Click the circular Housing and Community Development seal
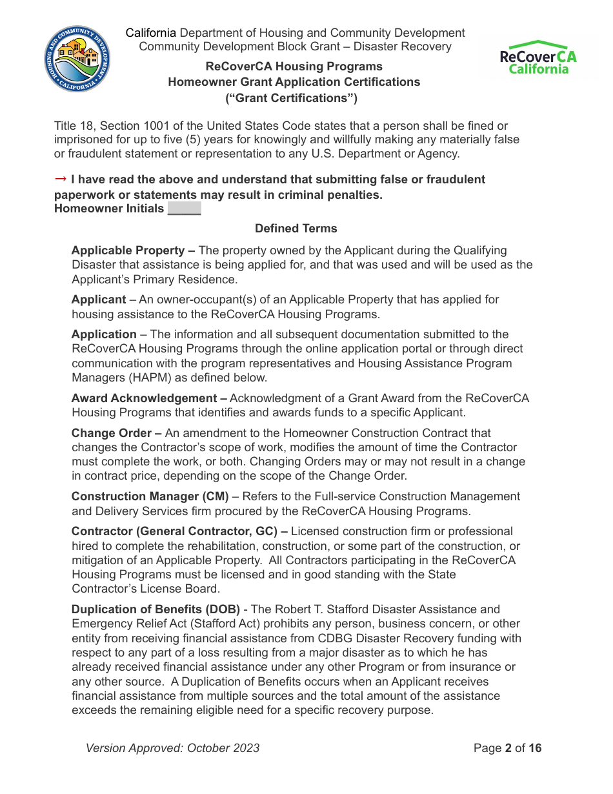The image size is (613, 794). click(77, 59)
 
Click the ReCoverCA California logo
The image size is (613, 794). click(538, 58)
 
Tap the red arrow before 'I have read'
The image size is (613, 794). click(61, 179)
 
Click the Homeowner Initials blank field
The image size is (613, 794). click(184, 209)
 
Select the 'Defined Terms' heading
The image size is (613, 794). click(296, 229)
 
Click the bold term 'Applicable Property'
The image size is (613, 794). click(128, 250)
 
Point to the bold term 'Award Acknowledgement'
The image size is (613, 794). click(144, 398)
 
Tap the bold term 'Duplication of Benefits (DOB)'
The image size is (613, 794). click(156, 609)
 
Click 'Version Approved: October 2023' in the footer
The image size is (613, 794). click(172, 748)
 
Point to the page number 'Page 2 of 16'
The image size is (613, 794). click(507, 748)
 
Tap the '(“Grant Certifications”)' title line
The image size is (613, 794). click(291, 98)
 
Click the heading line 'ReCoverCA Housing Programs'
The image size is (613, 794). click(294, 66)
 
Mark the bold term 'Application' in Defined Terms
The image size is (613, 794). click(104, 334)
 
